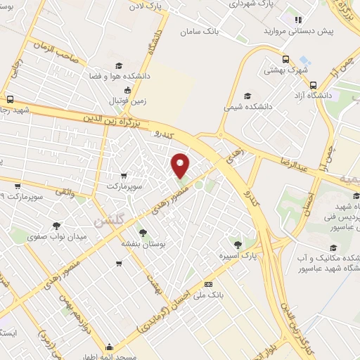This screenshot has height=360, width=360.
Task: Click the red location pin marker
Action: (181, 166)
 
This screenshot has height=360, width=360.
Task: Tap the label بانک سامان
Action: (200, 32)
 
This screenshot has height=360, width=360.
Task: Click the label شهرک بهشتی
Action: (283, 70)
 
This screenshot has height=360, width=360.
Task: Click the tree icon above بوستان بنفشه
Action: (143, 232)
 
